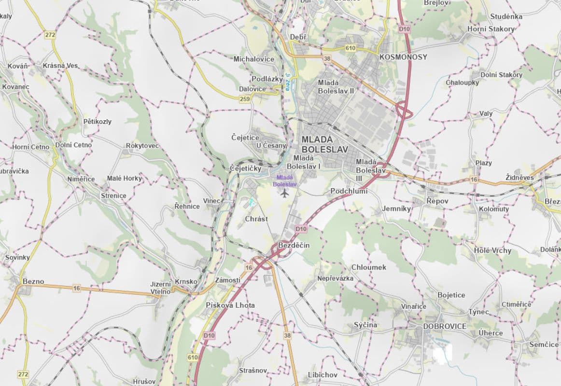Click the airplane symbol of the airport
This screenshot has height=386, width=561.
point(284,193)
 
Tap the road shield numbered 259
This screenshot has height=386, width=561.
point(245,99)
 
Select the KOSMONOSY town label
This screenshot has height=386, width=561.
point(404,57)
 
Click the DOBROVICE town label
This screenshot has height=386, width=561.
point(445,326)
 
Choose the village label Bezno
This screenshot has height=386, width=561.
point(33,281)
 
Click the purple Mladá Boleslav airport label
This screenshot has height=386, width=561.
point(285,180)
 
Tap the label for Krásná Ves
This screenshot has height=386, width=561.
point(60,66)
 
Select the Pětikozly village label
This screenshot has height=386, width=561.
point(97,122)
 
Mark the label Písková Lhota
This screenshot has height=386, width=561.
point(230,305)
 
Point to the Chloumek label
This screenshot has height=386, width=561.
point(369,267)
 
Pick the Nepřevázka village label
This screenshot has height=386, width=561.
point(336,278)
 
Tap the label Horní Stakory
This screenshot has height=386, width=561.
point(491,29)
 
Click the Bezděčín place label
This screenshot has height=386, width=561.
point(294,246)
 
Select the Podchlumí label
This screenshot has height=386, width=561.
point(349,191)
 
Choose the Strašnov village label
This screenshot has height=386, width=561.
point(253,371)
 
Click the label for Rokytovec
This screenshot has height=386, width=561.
point(142,146)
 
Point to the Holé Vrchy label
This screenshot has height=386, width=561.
point(492,250)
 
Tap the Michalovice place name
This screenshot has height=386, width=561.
point(254,59)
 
